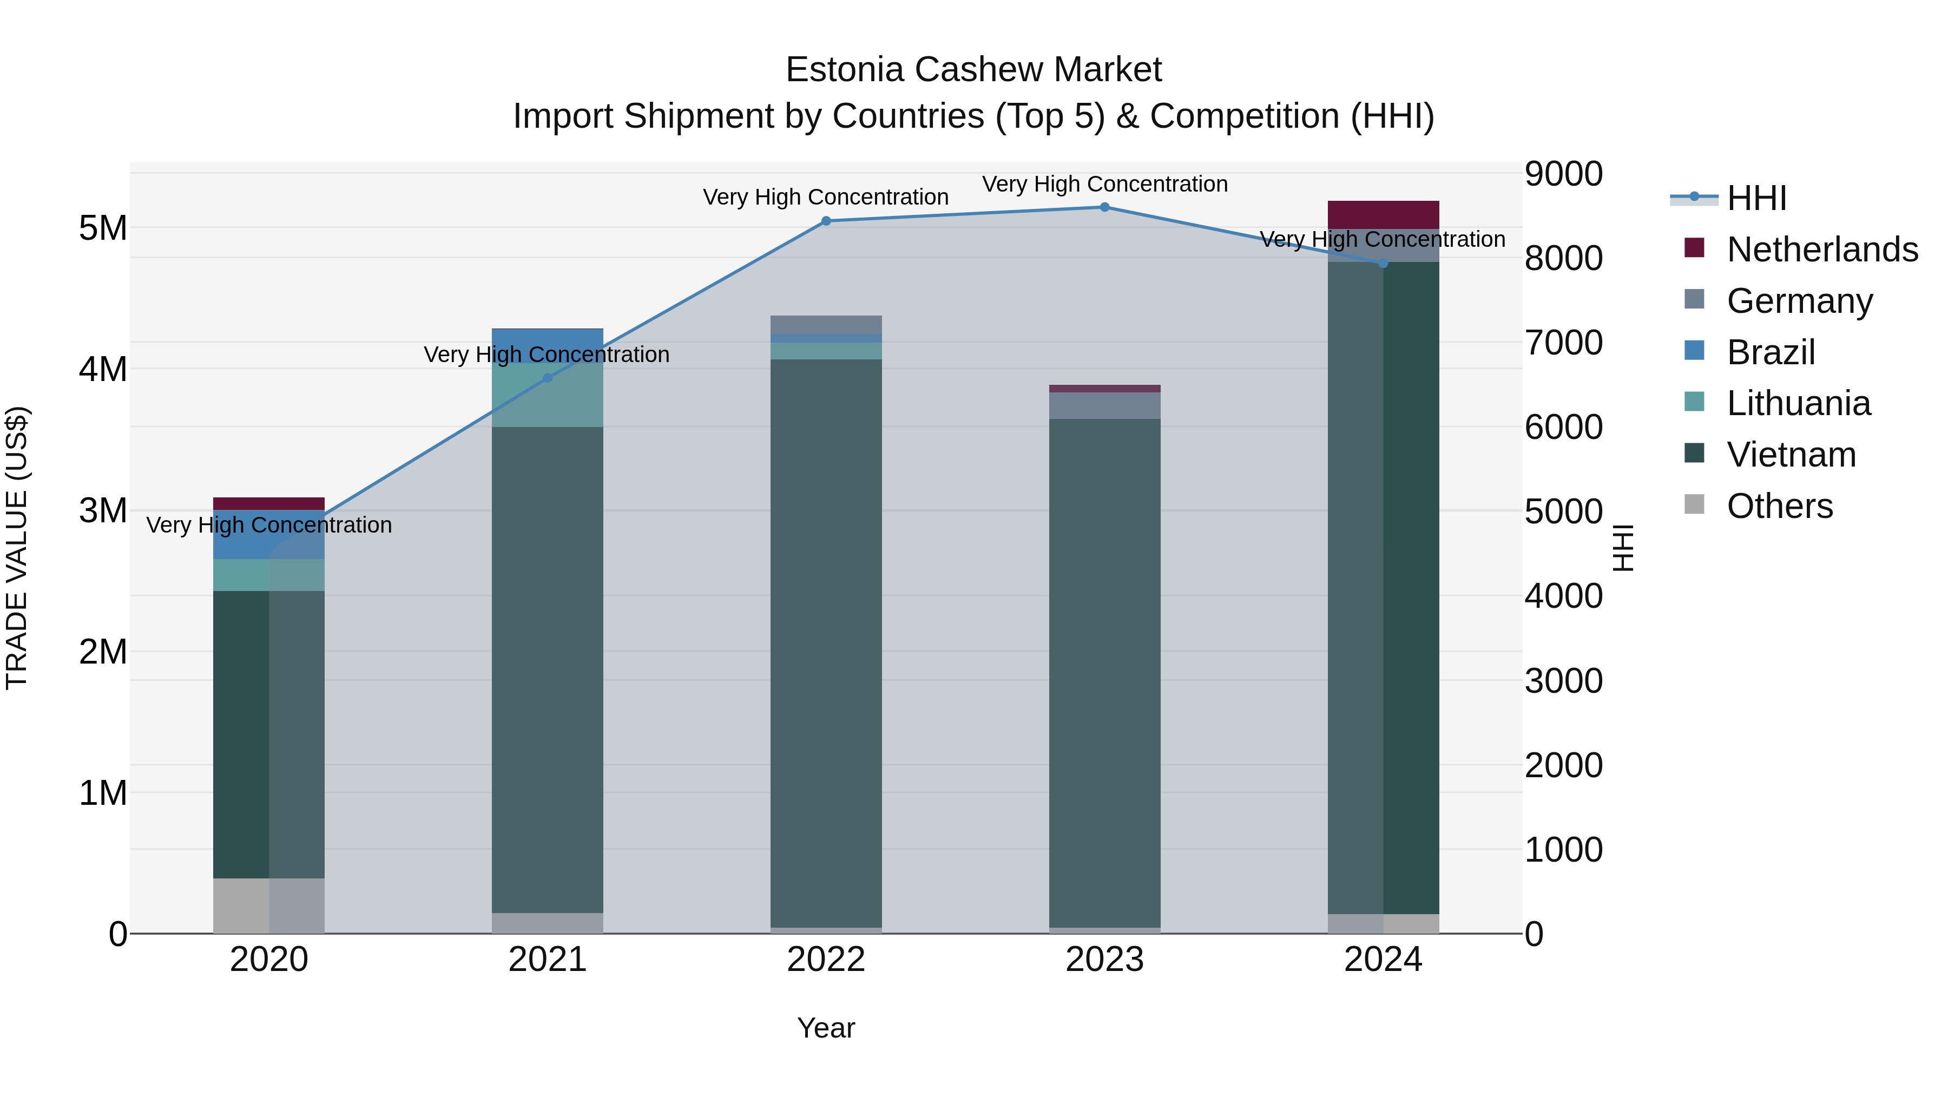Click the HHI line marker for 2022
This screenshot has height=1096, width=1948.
click(x=826, y=221)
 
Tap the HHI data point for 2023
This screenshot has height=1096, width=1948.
click(x=1104, y=207)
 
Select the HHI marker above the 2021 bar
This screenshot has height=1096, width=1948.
click(x=548, y=378)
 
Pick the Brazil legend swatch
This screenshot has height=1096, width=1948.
click(x=1695, y=351)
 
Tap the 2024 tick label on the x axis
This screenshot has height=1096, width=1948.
click(x=1383, y=960)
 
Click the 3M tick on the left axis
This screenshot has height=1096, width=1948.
click(x=103, y=510)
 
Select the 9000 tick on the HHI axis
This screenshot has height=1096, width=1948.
click(x=1562, y=174)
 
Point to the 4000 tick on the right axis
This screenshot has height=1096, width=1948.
click(x=1562, y=596)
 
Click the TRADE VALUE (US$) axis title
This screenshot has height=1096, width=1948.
click(x=17, y=548)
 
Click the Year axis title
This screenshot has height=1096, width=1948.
click(x=826, y=1028)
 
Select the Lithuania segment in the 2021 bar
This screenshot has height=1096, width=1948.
click(x=548, y=396)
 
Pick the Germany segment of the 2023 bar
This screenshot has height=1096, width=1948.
click(x=1104, y=405)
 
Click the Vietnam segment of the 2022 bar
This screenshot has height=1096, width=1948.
click(x=826, y=643)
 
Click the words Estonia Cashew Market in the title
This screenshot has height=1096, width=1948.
click(x=973, y=70)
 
